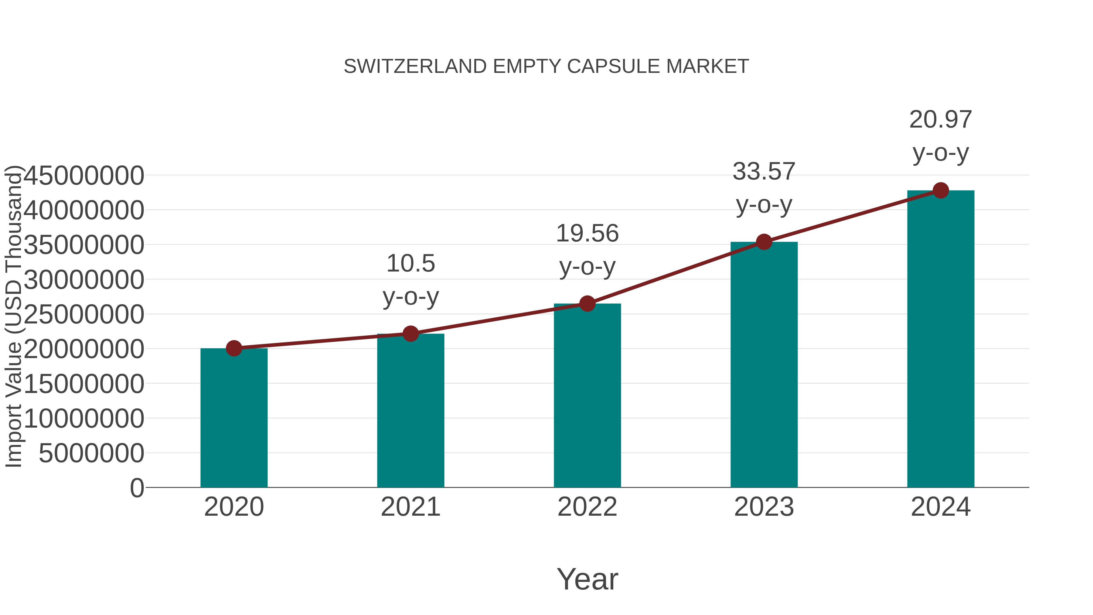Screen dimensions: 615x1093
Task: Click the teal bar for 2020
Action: click(234, 418)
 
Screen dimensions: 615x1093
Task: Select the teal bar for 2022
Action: click(587, 395)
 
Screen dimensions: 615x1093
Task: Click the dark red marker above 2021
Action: click(410, 333)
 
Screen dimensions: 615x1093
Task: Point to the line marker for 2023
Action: click(764, 242)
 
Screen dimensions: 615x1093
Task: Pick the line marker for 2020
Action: click(234, 348)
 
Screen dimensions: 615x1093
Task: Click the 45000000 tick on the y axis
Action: click(83, 176)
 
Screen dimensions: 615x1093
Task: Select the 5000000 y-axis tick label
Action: click(91, 453)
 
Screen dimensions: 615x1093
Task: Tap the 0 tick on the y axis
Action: click(137, 488)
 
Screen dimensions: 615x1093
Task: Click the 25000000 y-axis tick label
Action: click(83, 315)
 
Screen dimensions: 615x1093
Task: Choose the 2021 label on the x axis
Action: click(410, 507)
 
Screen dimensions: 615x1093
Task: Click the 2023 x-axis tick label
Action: click(764, 507)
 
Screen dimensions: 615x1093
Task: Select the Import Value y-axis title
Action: click(14, 316)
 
